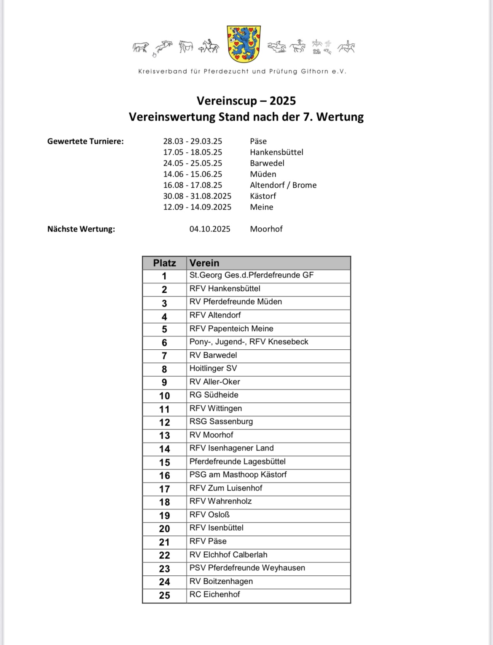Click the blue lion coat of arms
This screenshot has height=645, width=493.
(243, 44)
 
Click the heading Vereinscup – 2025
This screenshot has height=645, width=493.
(246, 101)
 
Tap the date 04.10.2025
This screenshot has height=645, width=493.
(210, 229)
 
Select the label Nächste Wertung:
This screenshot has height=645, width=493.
(81, 229)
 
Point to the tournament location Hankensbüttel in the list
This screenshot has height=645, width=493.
(276, 152)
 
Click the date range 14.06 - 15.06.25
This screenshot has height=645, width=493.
(193, 174)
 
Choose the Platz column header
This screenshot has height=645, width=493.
(164, 263)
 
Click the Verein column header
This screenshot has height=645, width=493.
(204, 263)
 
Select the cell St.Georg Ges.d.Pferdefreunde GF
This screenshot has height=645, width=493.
(252, 275)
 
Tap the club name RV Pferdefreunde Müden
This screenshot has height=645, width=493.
(236, 302)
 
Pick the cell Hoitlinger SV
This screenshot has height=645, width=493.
(213, 368)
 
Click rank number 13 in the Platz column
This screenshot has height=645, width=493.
(164, 436)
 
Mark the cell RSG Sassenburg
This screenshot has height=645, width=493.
(221, 421)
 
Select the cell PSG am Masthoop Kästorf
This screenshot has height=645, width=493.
(238, 475)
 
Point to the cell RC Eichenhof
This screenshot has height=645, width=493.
(214, 594)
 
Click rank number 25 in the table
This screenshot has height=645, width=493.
(164, 595)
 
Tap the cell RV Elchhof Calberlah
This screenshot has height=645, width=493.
(228, 555)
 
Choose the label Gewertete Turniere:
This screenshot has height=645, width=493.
(86, 141)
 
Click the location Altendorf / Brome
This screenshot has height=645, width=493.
(283, 185)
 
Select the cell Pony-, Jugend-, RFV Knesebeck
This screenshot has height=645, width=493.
(249, 342)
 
